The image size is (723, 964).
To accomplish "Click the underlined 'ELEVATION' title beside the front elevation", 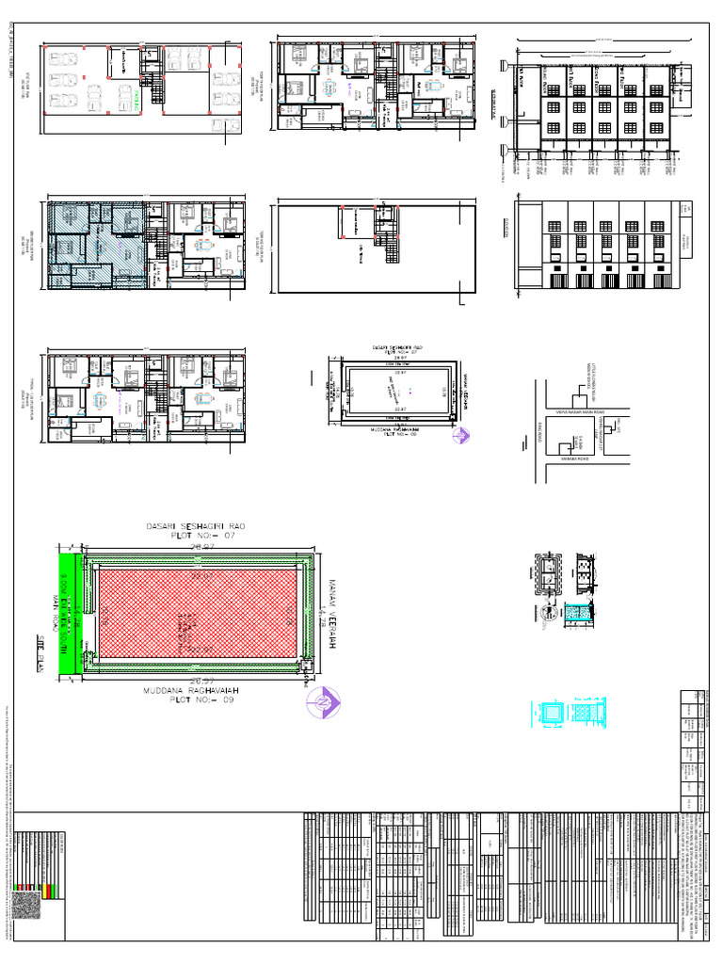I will pos(507,223).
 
